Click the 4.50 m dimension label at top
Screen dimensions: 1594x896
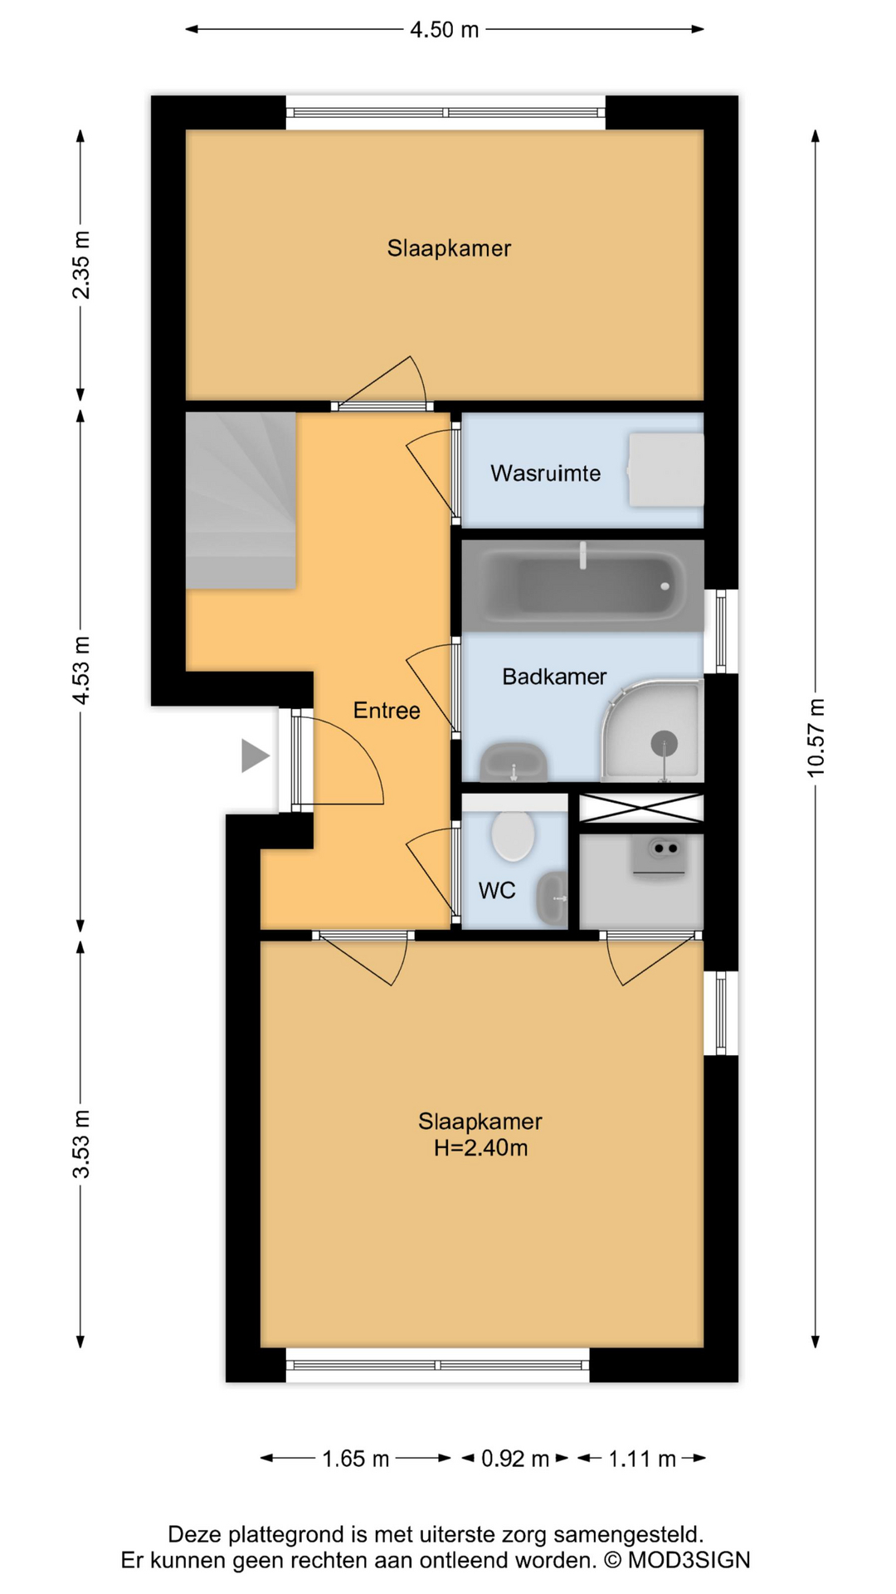444,30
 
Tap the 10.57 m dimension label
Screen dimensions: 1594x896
816,738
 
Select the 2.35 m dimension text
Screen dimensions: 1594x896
80,265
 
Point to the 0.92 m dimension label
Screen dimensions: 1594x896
514,1459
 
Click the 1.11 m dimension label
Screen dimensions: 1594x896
641,1459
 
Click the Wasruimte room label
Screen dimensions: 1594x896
545,473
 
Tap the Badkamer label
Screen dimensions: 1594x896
554,677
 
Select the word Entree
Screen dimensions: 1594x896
387,711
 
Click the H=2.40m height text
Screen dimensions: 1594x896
480,1148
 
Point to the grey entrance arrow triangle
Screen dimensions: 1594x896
254,755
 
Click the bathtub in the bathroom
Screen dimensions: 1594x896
582,586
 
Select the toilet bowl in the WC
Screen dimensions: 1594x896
513,835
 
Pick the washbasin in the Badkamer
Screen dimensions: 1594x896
514,762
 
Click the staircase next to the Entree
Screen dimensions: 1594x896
241,501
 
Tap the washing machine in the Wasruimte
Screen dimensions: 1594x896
665,470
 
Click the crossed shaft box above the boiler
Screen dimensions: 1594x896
640,808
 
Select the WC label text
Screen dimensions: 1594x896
496,891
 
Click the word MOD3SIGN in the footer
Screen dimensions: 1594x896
689,1561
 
